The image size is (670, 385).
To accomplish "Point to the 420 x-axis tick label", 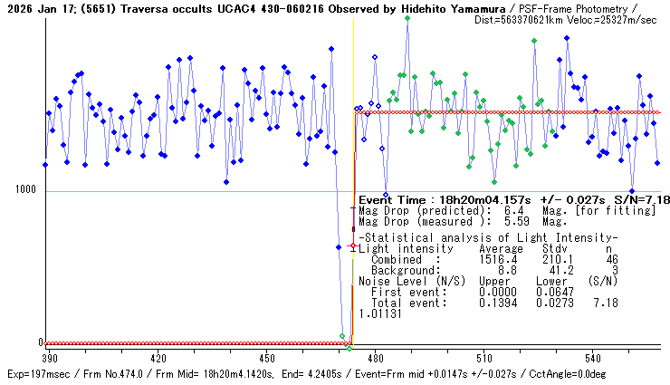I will click(x=157, y=357).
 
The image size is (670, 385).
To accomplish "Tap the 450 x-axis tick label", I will click(x=266, y=357).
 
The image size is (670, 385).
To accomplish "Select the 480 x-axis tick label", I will click(x=375, y=357).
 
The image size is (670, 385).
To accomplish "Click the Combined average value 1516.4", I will click(x=501, y=259).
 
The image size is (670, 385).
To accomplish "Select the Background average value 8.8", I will click(x=506, y=270).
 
